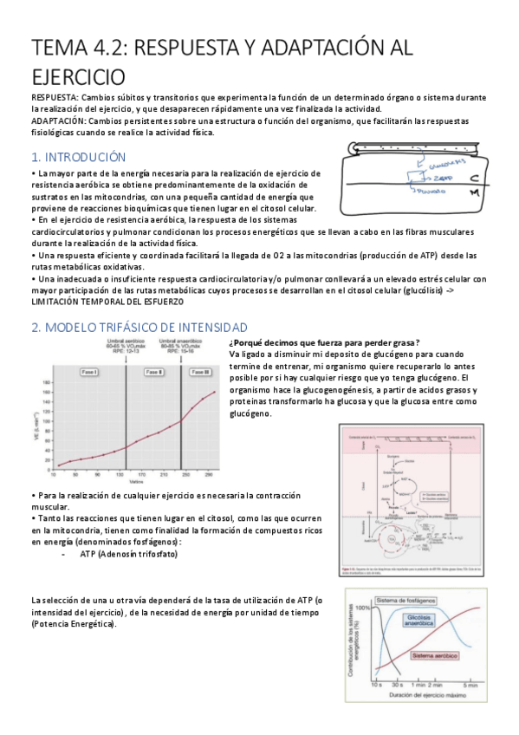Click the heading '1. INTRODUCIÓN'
click(x=78, y=157)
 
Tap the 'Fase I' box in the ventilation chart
click(x=89, y=371)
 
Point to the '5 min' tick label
click(x=470, y=686)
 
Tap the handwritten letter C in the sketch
click(x=474, y=179)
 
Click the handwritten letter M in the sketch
click(x=475, y=196)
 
